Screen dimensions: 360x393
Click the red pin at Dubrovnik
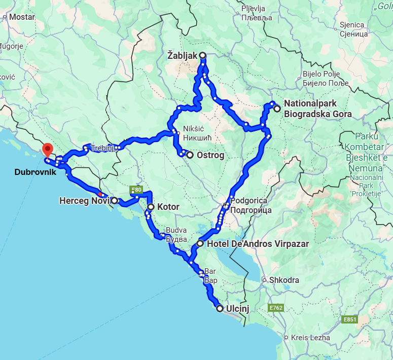[x=48, y=150]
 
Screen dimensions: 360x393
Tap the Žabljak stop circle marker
[x=202, y=55]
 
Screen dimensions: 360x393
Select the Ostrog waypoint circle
[x=190, y=155]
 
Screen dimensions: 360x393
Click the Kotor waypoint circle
[x=151, y=207]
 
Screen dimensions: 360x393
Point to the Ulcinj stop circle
[x=220, y=308]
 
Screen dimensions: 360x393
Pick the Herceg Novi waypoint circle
[x=115, y=200]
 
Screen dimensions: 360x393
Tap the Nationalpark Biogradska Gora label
[x=317, y=109]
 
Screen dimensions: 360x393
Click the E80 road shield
[x=136, y=190]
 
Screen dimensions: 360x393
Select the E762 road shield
[x=276, y=308]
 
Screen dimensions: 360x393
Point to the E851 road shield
[x=350, y=319]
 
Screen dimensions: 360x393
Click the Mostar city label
[x=21, y=17]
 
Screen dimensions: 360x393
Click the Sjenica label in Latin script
[x=352, y=25]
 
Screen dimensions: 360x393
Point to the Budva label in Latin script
[x=176, y=230]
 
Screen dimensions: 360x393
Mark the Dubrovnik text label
[x=35, y=172]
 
